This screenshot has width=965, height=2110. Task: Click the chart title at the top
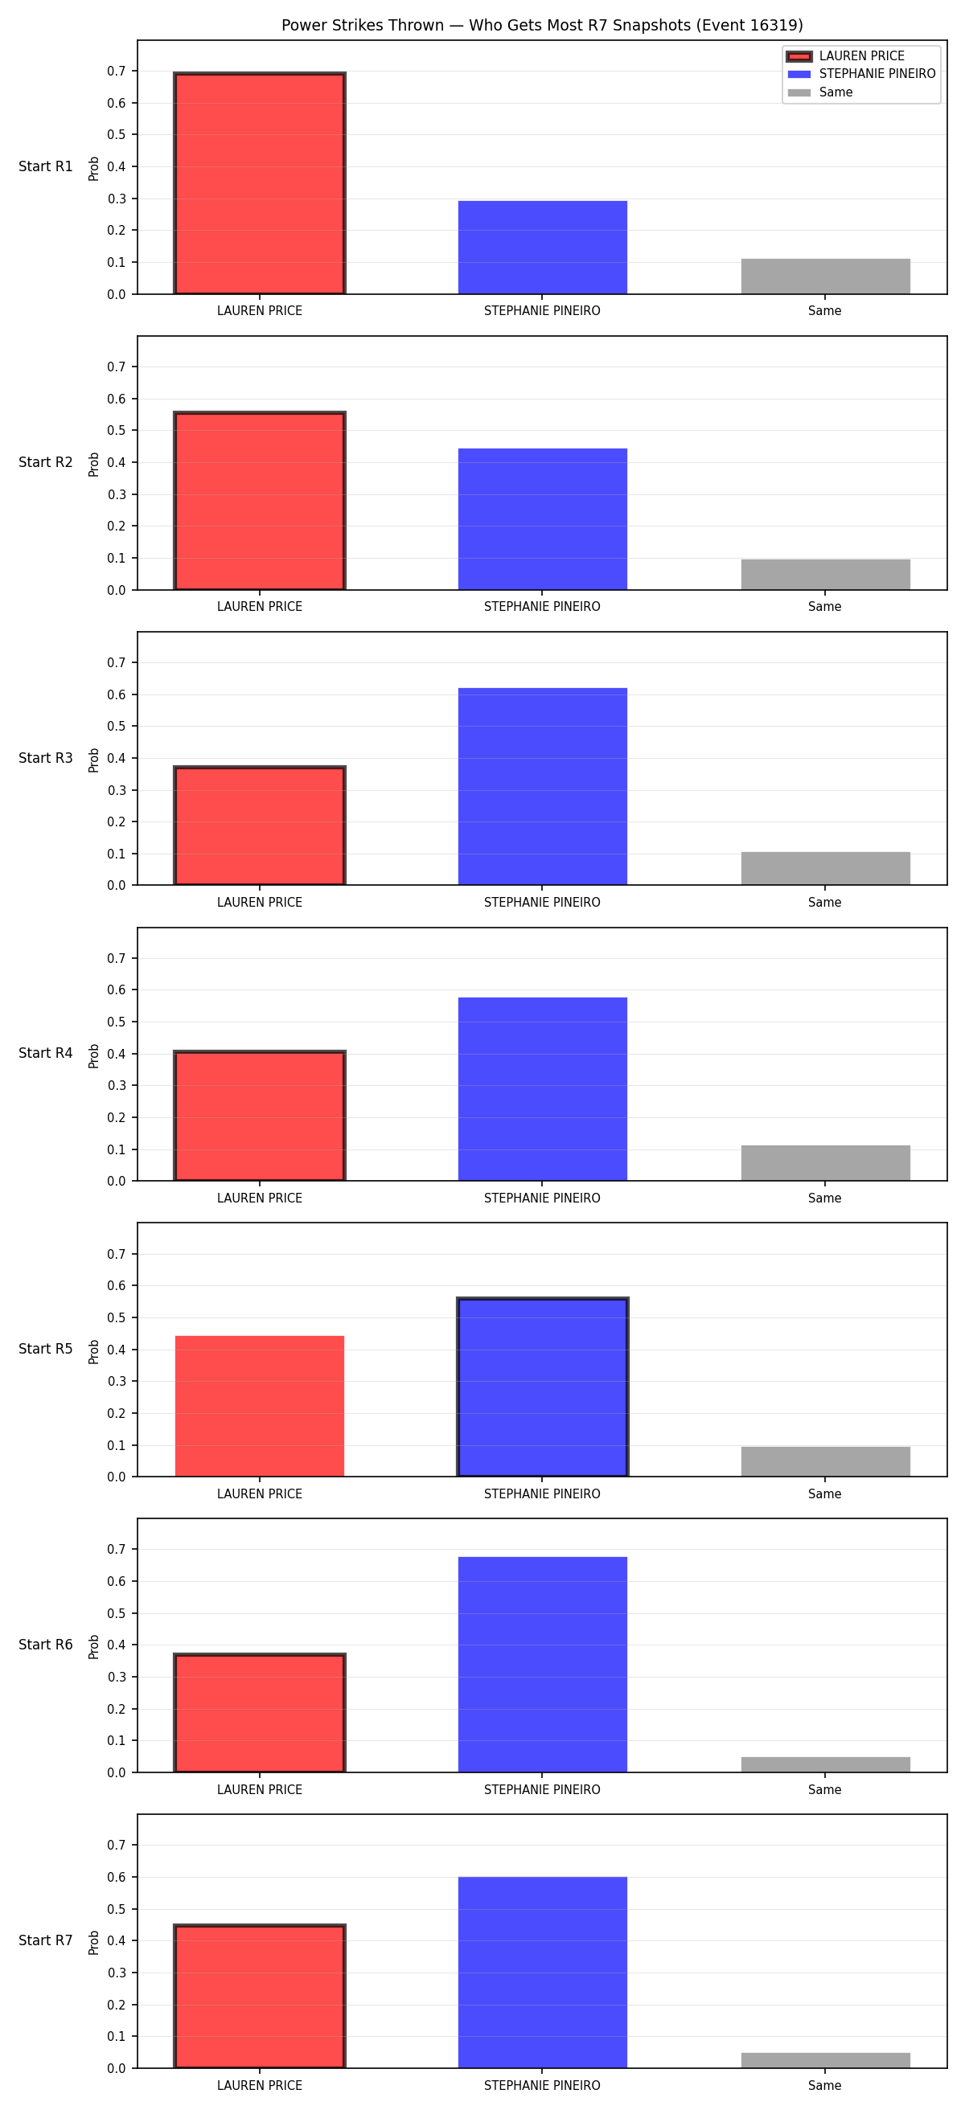coord(542,26)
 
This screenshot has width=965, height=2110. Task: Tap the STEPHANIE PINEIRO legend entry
coord(861,74)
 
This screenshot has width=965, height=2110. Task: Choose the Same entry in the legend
coord(820,92)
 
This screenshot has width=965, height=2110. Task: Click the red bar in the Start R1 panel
coord(260,183)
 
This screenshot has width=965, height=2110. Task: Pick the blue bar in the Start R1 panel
coord(542,248)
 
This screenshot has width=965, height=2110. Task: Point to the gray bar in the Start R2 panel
coord(826,574)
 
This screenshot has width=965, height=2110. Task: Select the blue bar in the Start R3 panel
coord(542,786)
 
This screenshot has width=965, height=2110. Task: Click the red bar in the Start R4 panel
coord(260,1116)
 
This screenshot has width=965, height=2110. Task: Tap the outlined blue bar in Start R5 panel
coord(542,1387)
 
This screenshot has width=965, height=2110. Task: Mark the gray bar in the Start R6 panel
coord(826,1764)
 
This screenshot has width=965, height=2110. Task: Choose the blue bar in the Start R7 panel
coord(542,1973)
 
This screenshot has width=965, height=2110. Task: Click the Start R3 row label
coord(46,758)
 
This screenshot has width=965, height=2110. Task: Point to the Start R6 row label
coord(46,1645)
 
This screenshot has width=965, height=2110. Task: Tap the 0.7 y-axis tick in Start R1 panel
coord(117,72)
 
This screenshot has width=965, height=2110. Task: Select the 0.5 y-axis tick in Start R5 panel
coord(117,1318)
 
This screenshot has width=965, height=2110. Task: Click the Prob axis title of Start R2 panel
coord(94,464)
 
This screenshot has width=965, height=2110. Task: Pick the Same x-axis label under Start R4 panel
coord(825,1198)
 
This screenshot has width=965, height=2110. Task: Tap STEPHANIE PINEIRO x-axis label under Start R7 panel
coord(542,2085)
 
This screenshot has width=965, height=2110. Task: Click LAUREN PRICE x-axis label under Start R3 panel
coord(260,903)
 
